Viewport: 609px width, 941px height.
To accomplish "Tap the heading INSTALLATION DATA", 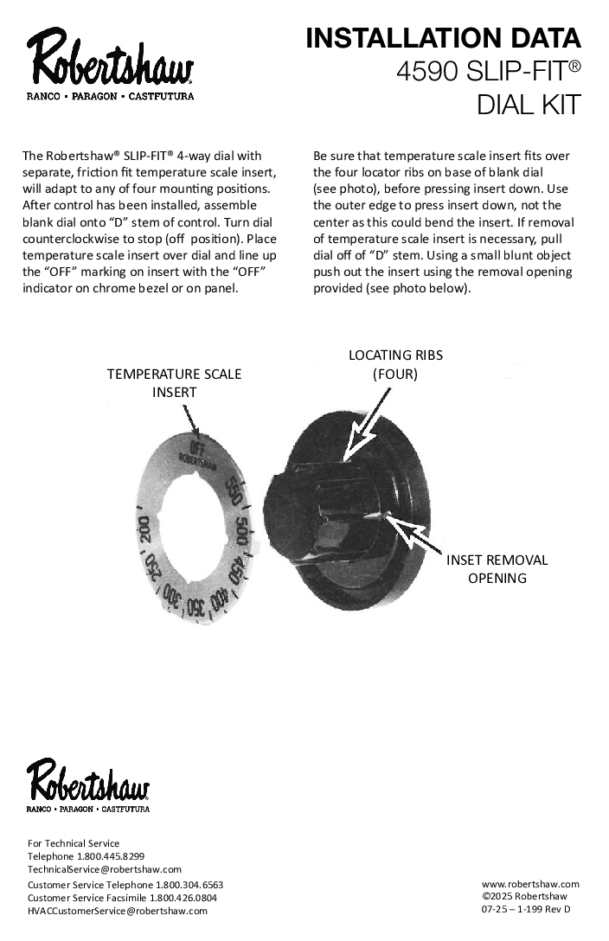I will click(x=443, y=39).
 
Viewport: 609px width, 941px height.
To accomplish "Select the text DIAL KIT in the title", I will click(x=528, y=105).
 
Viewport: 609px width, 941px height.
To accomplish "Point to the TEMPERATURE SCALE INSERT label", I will click(x=174, y=382).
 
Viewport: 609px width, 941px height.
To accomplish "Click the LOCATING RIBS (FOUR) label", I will click(x=395, y=364).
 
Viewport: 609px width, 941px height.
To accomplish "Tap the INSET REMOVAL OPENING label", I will click(x=497, y=568).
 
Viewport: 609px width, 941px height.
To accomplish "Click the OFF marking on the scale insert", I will click(x=197, y=447).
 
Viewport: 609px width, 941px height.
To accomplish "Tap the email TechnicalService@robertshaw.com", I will click(x=105, y=869).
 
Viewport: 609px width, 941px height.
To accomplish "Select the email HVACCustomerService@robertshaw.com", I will click(x=118, y=911).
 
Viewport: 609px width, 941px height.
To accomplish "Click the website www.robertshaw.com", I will click(x=530, y=884).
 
